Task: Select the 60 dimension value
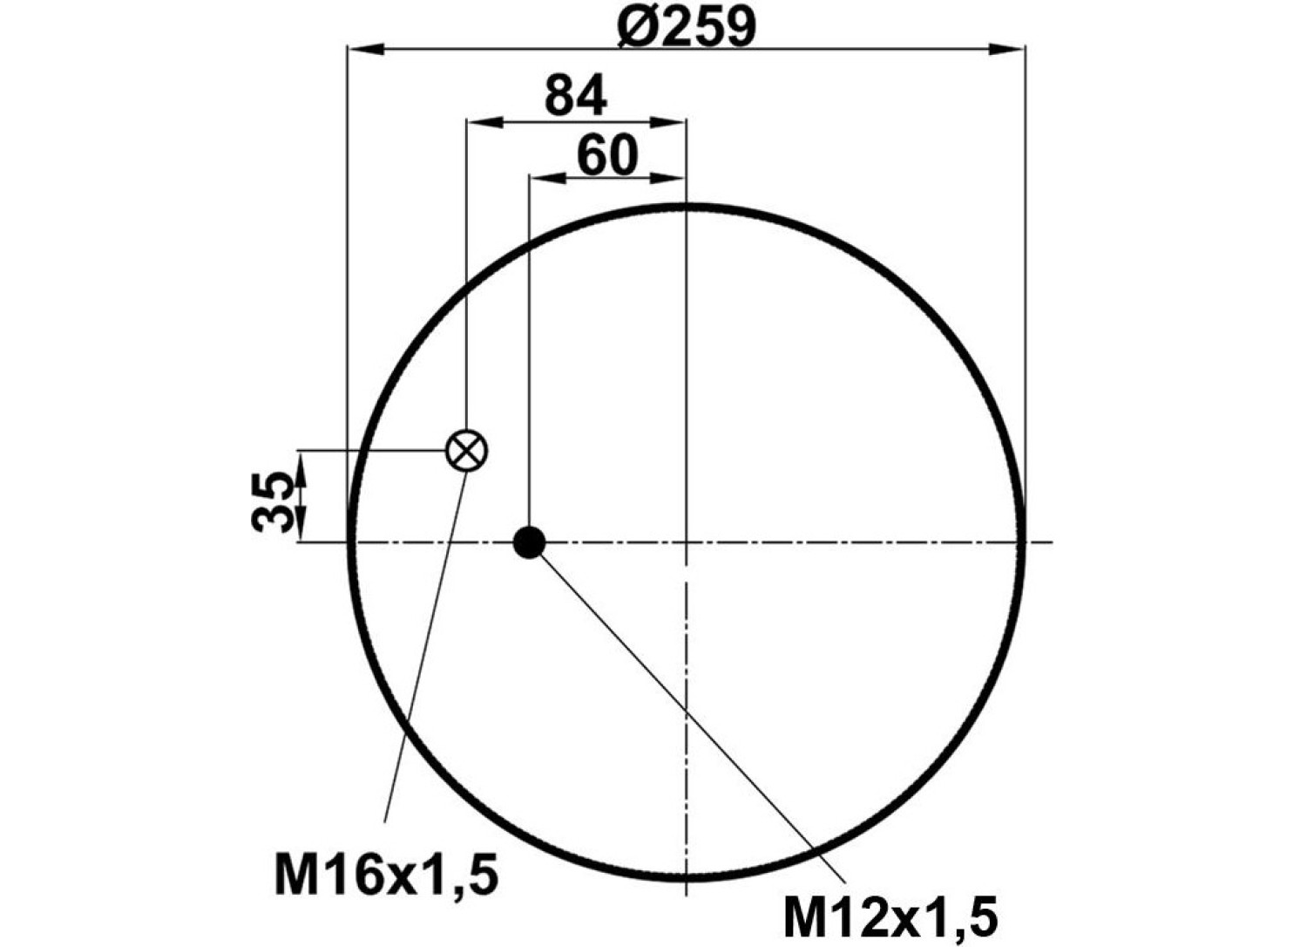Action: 607,154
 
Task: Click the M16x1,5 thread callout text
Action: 386,874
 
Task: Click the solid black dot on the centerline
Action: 529,542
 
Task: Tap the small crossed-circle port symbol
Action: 467,450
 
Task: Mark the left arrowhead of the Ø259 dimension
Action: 366,50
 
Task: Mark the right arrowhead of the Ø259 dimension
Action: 1006,50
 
